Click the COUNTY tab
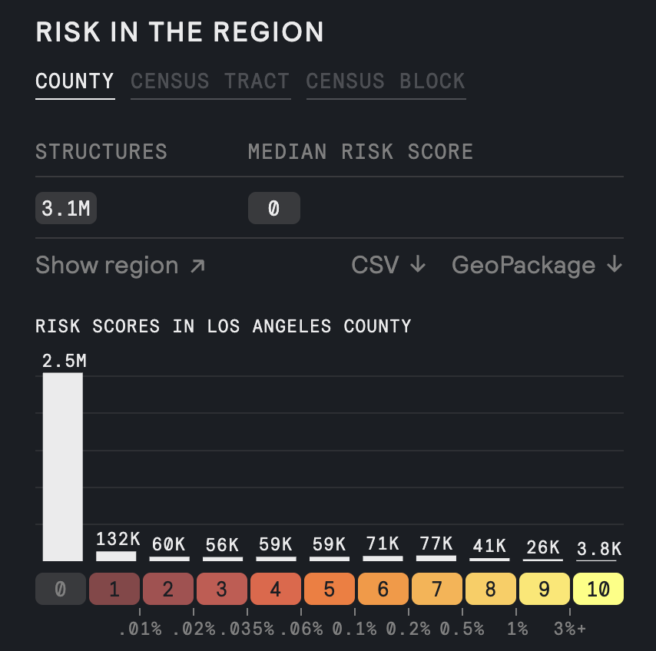point(75,81)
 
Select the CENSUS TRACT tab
point(210,81)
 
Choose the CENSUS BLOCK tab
point(386,81)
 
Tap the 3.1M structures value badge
point(65,208)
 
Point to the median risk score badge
point(273,208)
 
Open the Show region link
point(120,266)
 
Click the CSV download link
point(388,266)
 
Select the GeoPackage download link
point(536,266)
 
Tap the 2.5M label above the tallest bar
point(63,361)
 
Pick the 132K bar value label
point(116,539)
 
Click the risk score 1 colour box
point(115,590)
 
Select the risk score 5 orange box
point(330,590)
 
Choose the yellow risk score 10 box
point(598,590)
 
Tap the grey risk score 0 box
point(61,590)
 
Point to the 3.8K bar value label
point(598,548)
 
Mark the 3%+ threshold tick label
point(570,629)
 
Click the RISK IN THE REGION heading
point(179,32)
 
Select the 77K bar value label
point(436,544)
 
